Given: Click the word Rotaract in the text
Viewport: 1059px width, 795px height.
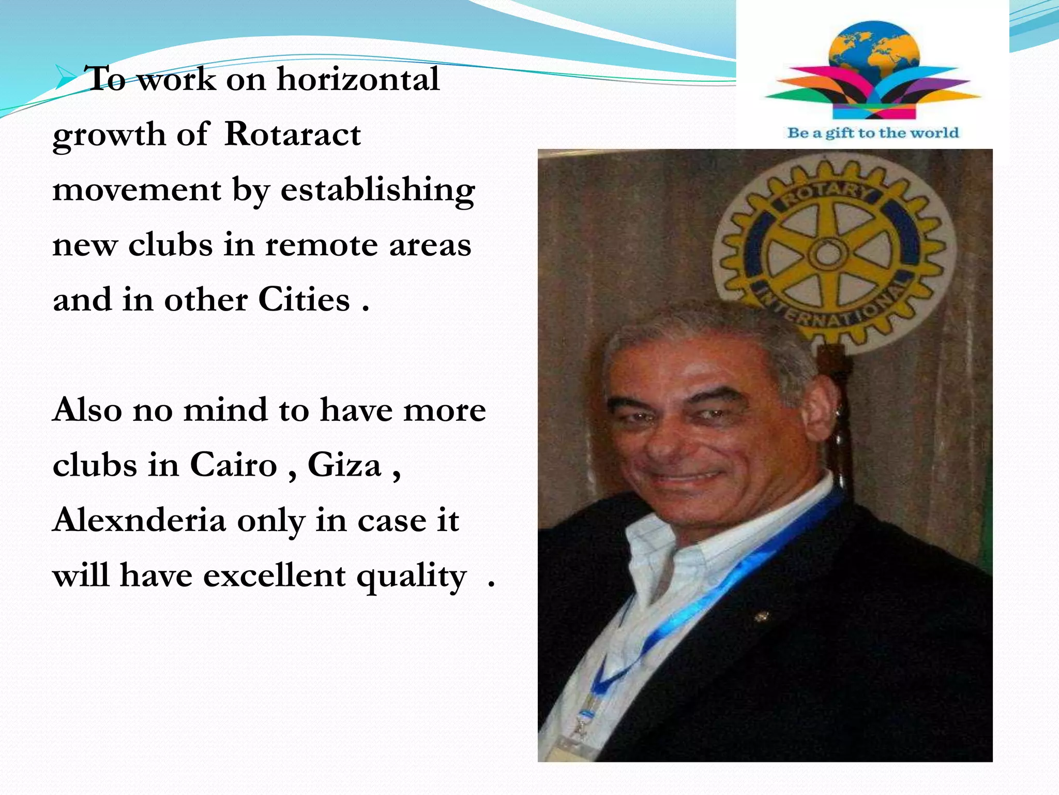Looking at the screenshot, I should pyautogui.click(x=293, y=135).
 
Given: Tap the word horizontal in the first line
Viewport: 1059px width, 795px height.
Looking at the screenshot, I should pyautogui.click(x=358, y=79).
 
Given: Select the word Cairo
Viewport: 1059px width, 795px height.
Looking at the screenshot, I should pyautogui.click(x=233, y=465).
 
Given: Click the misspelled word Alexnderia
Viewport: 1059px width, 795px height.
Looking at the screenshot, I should pyautogui.click(x=140, y=520).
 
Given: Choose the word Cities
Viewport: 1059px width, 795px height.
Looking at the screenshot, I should pyautogui.click(x=304, y=300).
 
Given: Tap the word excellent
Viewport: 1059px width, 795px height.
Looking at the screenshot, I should pyautogui.click(x=274, y=576).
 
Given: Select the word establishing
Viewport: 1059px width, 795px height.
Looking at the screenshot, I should pyautogui.click(x=377, y=190).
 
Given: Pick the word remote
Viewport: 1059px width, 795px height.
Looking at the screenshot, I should pyautogui.click(x=321, y=245).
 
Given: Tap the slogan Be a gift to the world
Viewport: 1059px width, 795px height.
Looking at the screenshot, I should pyautogui.click(x=873, y=133).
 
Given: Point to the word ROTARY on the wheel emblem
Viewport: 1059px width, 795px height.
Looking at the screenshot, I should pyautogui.click(x=827, y=195).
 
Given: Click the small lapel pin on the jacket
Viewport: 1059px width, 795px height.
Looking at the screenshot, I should pyautogui.click(x=761, y=616).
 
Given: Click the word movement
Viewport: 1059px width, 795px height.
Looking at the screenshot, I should pyautogui.click(x=137, y=189).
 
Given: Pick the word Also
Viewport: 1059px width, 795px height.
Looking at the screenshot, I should pyautogui.click(x=87, y=410).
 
